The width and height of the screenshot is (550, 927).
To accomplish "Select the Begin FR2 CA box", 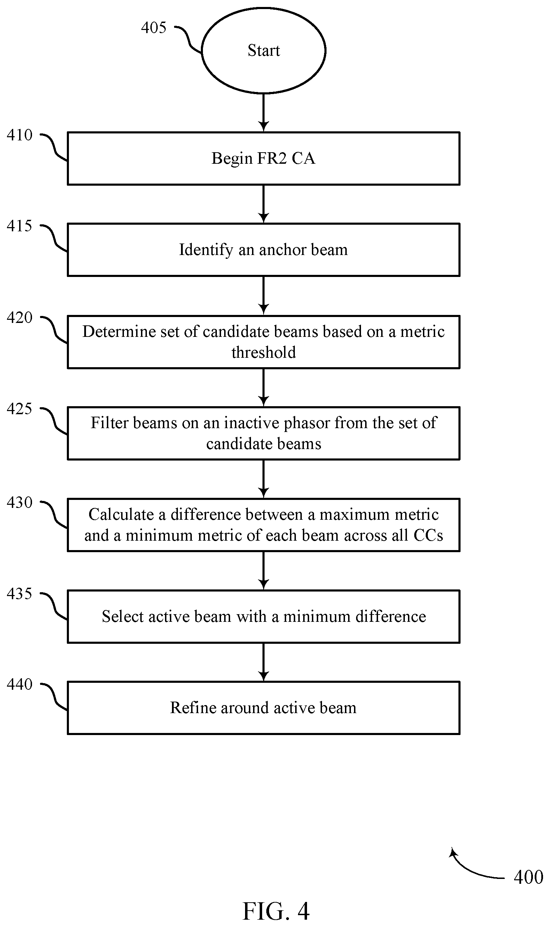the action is pyautogui.click(x=264, y=158).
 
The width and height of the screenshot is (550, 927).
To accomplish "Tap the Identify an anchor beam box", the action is pyautogui.click(x=264, y=249).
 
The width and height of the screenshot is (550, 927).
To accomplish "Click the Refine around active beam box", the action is pyautogui.click(x=264, y=708).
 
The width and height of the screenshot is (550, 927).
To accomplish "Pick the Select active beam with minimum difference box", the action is pyautogui.click(x=264, y=616).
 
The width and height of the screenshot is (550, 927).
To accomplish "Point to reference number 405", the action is pyautogui.click(x=154, y=28).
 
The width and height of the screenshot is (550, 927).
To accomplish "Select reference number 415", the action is pyautogui.click(x=19, y=226).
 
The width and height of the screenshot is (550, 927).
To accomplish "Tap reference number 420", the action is pyautogui.click(x=19, y=318).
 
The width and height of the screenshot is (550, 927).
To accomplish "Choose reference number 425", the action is pyautogui.click(x=19, y=409).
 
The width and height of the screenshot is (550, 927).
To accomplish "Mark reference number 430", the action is pyautogui.click(x=19, y=502).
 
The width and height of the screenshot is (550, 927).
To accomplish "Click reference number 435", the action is pyautogui.click(x=19, y=594).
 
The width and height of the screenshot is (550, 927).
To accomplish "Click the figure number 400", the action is pyautogui.click(x=528, y=877).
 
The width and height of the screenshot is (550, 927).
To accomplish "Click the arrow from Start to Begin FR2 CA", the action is pyautogui.click(x=264, y=113).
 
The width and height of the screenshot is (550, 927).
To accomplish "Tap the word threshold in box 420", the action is pyautogui.click(x=264, y=352).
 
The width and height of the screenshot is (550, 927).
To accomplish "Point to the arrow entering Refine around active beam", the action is pyautogui.click(x=264, y=662).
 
